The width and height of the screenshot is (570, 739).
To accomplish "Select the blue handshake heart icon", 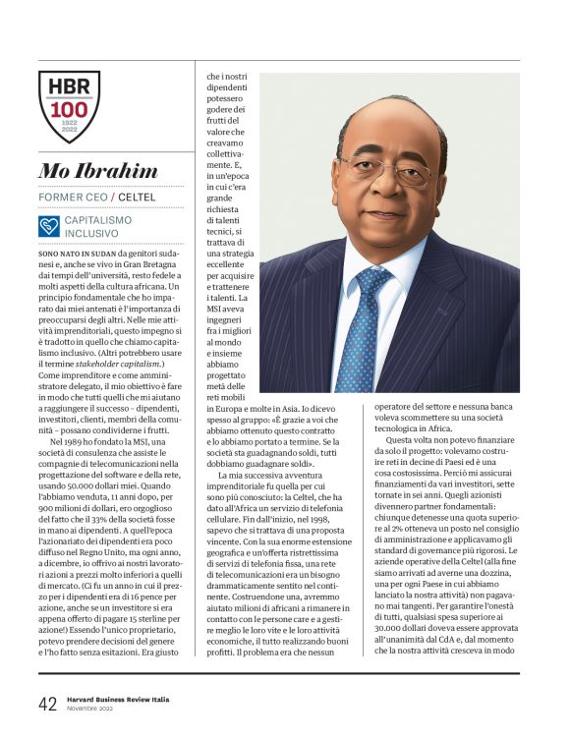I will (x=49, y=227).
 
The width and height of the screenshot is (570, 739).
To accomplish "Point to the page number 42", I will (x=47, y=703).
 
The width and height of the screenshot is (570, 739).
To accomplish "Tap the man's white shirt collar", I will (x=373, y=257).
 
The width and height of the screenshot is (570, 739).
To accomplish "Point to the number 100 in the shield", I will (x=68, y=109).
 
